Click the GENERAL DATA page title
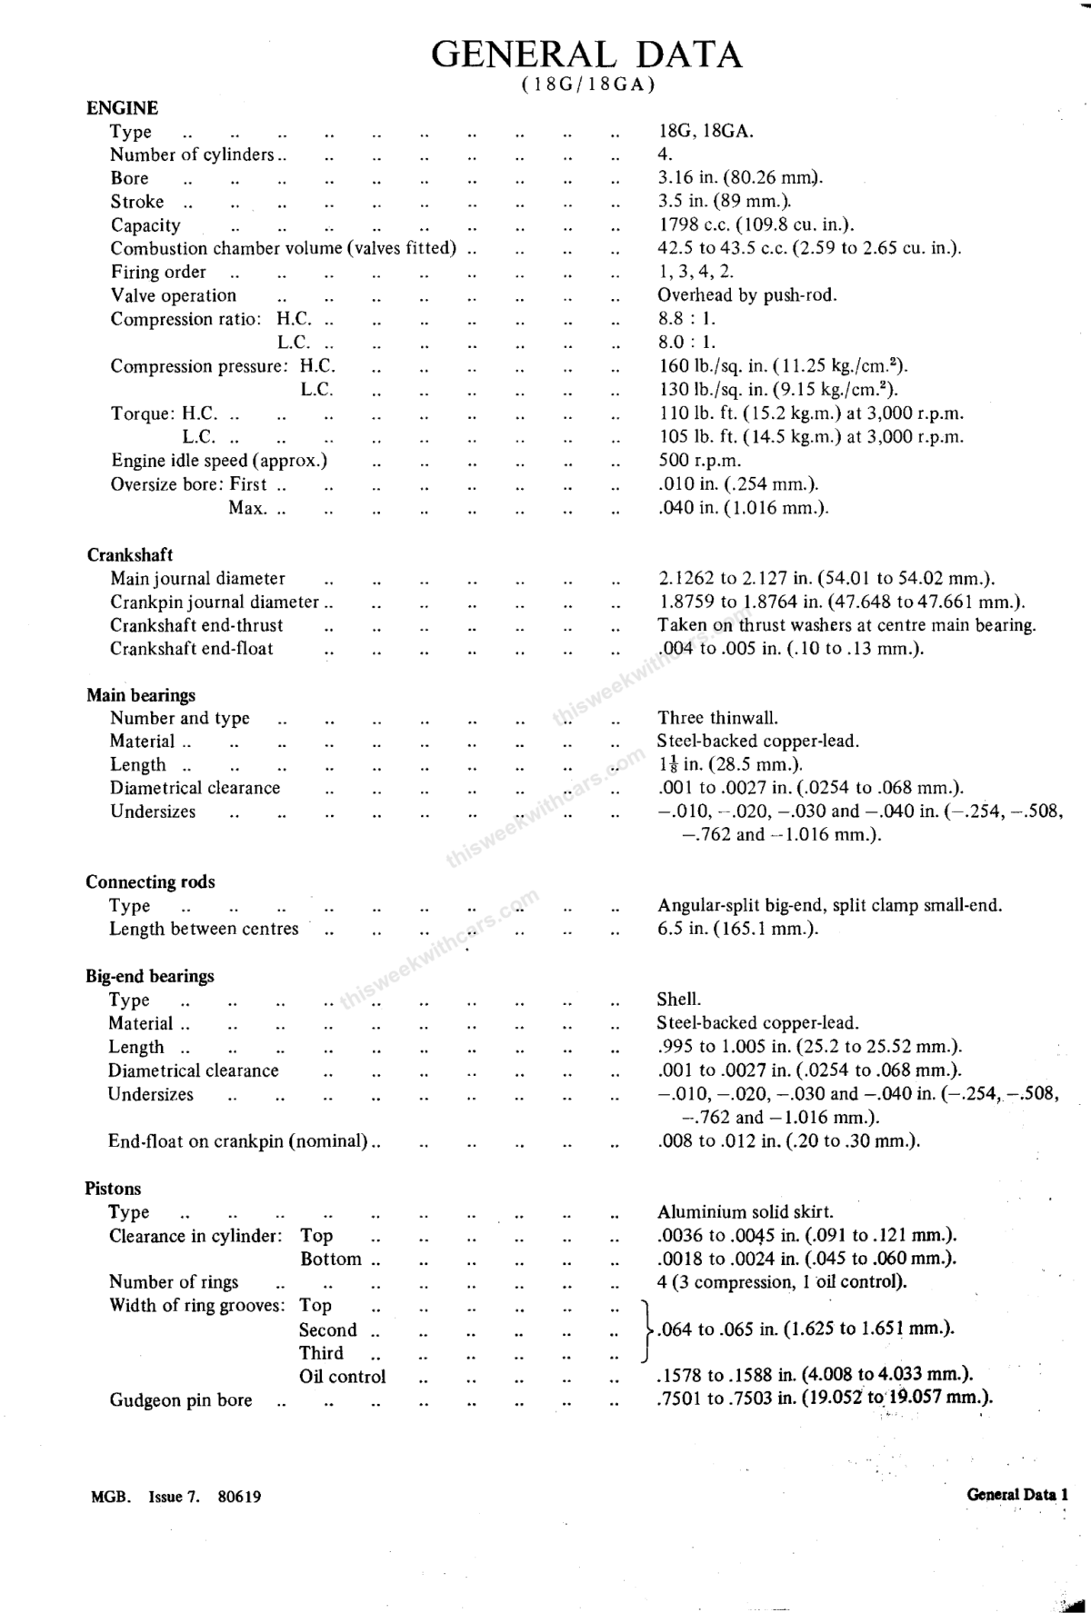tap(586, 55)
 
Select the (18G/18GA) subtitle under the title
tap(588, 85)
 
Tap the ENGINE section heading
tap(122, 108)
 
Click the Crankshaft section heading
tap(130, 555)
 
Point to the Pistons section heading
tap(114, 1189)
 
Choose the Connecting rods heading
tap(151, 882)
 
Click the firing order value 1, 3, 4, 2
tap(696, 272)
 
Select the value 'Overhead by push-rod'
tap(747, 295)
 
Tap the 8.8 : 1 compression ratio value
tap(686, 319)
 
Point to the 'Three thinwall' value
tap(718, 718)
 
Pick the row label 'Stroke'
tap(138, 202)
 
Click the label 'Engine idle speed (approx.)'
tap(219, 461)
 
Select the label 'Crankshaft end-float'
tap(192, 649)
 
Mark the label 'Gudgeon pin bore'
tap(181, 1400)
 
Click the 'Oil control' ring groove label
tap(343, 1377)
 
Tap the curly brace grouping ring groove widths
tap(646, 1329)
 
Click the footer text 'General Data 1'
tap(1017, 1494)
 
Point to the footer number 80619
tap(240, 1497)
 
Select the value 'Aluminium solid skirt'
tap(746, 1212)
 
